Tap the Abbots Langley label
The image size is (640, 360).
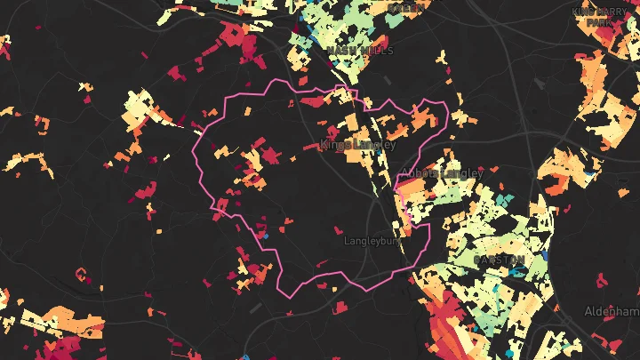442,173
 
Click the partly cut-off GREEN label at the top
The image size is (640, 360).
406,6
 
